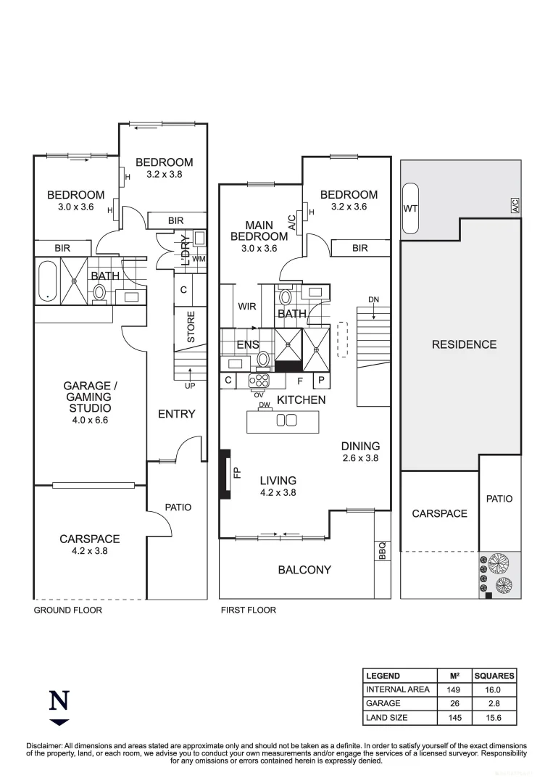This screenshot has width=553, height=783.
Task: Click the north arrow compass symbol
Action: click(59, 707)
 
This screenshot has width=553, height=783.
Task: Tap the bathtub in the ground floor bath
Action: click(48, 281)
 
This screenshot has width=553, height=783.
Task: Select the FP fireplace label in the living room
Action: click(236, 472)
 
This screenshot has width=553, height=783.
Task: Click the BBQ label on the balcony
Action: click(382, 551)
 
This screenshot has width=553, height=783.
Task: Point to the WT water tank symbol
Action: click(409, 209)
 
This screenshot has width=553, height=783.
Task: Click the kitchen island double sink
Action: click(286, 420)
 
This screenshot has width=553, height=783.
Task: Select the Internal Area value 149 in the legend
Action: click(454, 689)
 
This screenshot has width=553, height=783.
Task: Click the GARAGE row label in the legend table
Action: click(383, 703)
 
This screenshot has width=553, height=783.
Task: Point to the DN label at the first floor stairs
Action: click(373, 299)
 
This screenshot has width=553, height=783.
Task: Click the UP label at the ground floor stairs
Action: click(190, 386)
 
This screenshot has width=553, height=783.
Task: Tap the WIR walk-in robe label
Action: click(247, 307)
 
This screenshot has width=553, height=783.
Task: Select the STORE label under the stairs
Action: click(191, 327)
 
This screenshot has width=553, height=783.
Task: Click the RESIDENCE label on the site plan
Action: click(464, 344)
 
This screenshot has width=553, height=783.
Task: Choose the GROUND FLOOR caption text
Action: click(68, 610)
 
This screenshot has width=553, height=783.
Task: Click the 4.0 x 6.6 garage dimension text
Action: click(86, 419)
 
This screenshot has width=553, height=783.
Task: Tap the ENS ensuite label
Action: click(248, 345)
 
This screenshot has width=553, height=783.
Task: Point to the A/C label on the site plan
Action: click(515, 206)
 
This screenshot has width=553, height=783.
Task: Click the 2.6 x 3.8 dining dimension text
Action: click(361, 458)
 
